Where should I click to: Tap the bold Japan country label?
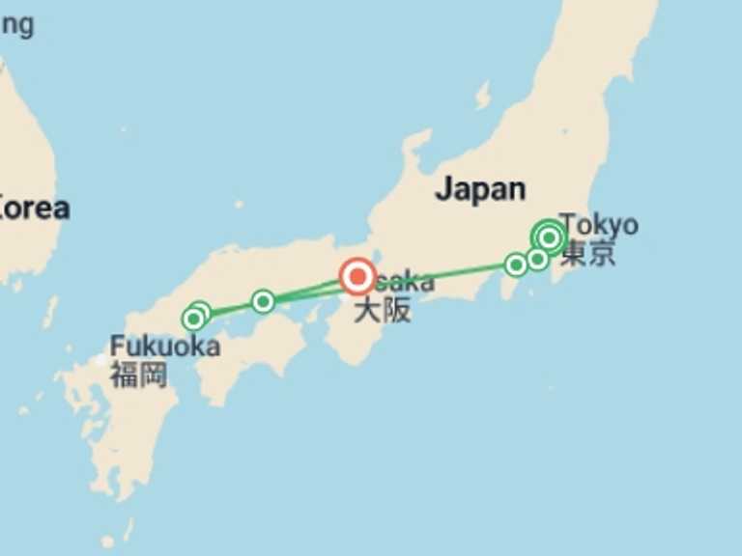click(x=480, y=189)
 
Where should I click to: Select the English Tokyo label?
click(x=599, y=225)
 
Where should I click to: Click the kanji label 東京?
click(x=588, y=254)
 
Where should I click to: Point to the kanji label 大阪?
click(x=382, y=311)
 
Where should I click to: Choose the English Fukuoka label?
click(x=164, y=346)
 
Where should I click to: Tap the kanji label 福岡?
click(x=138, y=375)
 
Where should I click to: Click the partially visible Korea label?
click(x=35, y=208)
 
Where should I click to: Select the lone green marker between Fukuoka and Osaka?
click(x=263, y=302)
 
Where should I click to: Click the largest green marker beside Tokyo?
click(x=549, y=236)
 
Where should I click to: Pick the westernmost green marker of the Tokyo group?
click(x=516, y=264)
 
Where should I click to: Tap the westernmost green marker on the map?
click(x=193, y=319)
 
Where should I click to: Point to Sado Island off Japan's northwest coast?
click(x=482, y=96)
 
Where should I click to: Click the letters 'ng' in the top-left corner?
click(x=16, y=24)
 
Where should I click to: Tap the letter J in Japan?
click(x=443, y=189)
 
